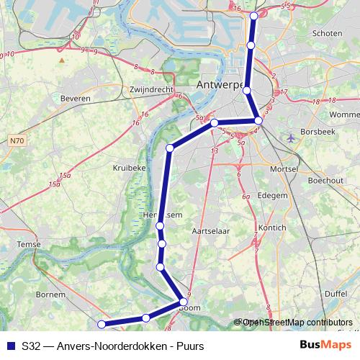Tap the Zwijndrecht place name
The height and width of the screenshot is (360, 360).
(150, 89)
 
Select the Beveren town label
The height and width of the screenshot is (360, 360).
(76, 98)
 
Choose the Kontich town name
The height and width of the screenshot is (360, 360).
(272, 228)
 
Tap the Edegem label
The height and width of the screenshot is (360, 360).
(272, 195)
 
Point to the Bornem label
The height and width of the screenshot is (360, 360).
(50, 295)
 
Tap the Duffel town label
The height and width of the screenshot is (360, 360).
(336, 294)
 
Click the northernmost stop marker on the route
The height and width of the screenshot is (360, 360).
(253, 16)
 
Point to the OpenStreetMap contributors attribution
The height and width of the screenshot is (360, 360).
(296, 322)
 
